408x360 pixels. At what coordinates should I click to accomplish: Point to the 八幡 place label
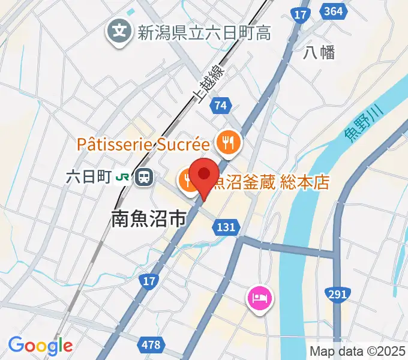(x=319, y=52)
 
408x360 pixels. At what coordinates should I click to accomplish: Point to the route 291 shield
(x=338, y=294)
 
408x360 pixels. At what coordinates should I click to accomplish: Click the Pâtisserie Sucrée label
(x=143, y=145)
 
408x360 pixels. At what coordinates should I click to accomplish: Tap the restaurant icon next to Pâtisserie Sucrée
(x=229, y=143)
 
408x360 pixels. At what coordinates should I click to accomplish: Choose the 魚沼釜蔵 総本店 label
(x=271, y=181)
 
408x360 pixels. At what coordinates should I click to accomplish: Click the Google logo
(x=40, y=346)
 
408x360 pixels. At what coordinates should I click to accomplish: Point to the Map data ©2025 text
(x=356, y=351)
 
